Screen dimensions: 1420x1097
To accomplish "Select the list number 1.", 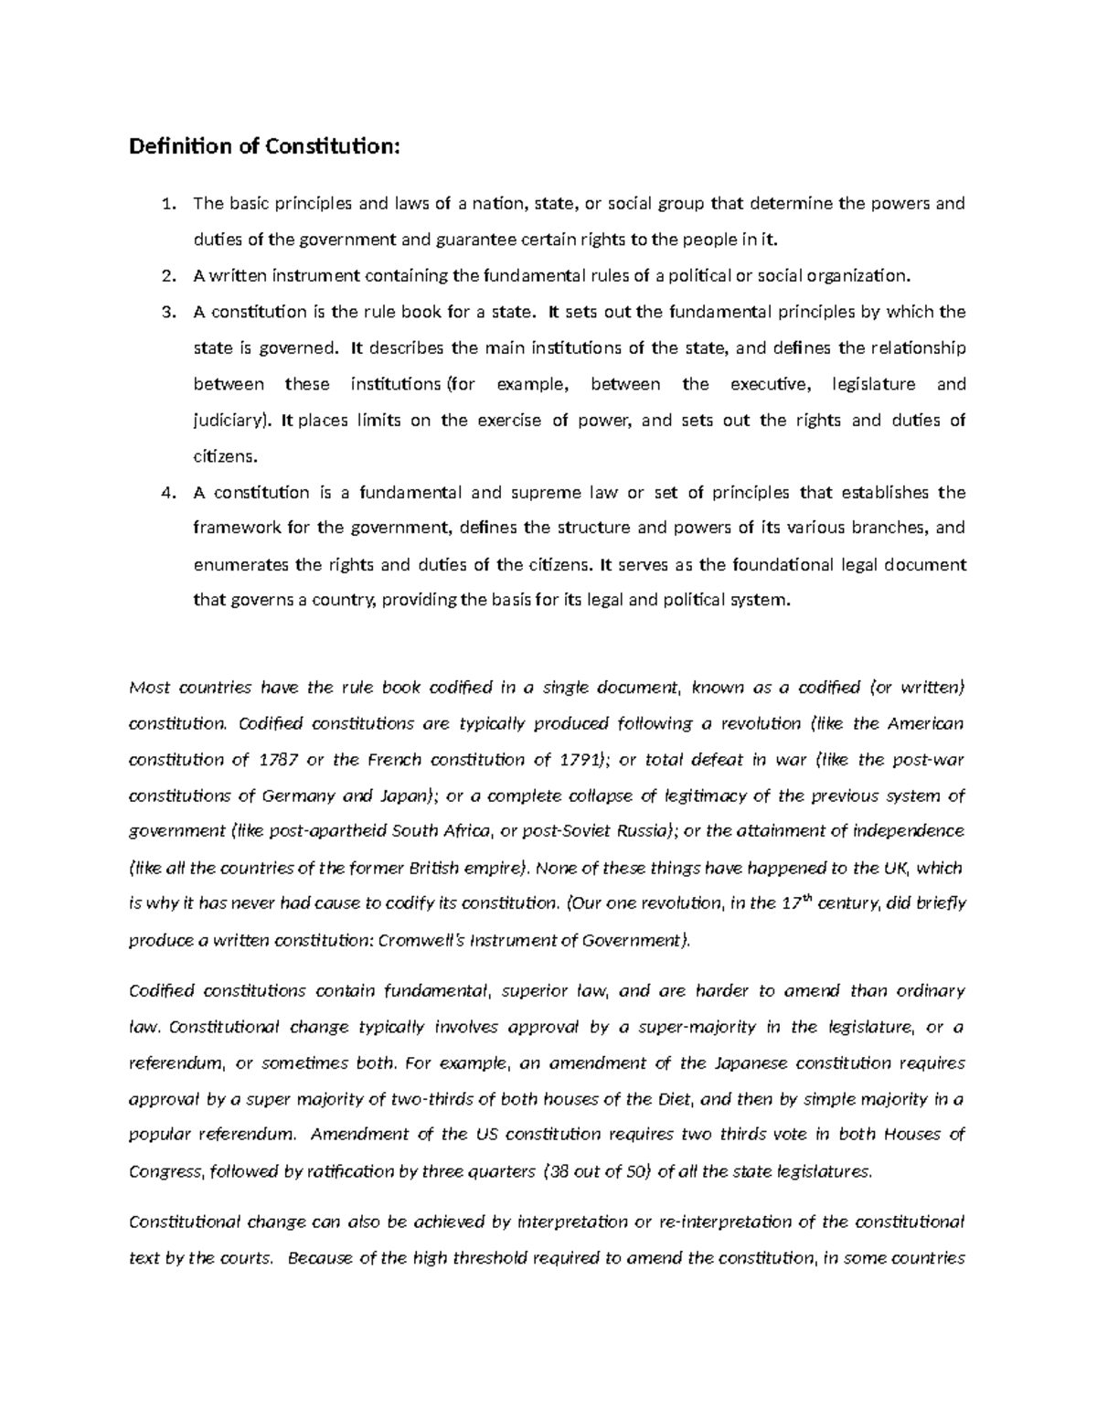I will point(166,204).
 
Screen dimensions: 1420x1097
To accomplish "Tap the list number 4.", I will point(166,493).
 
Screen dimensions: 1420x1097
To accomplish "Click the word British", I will point(432,868).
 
